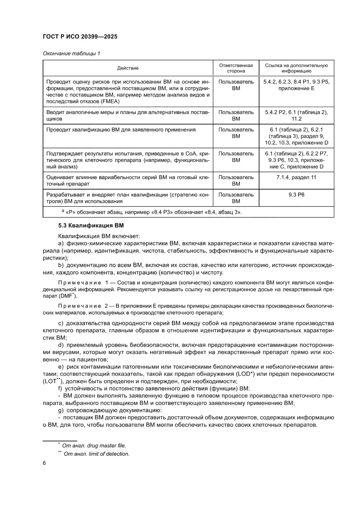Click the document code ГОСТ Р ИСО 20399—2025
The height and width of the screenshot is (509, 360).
(x=80, y=37)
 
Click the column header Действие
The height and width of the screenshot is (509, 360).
(x=128, y=68)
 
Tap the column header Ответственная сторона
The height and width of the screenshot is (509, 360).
(x=236, y=68)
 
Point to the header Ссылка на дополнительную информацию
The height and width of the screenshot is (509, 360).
(x=296, y=68)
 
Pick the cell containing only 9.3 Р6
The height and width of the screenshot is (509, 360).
(x=296, y=195)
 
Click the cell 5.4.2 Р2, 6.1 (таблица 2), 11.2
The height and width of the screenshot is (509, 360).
(x=296, y=115)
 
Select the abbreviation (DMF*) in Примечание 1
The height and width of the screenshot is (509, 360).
(x=68, y=297)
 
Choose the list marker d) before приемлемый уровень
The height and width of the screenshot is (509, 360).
(x=61, y=345)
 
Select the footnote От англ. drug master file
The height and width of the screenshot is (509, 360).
(x=94, y=445)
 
